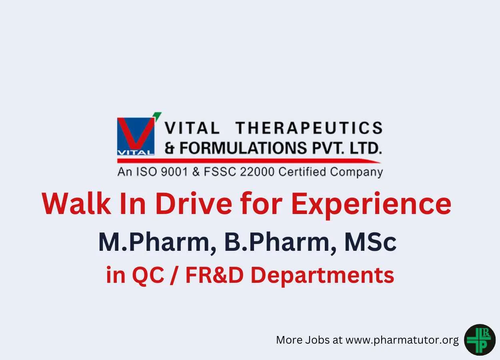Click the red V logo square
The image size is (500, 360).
pos(136,136)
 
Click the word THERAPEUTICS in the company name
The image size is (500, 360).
pos(309,128)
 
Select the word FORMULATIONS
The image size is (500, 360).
pos(243,148)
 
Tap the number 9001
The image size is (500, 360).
pos(174,172)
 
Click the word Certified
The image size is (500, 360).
pos(302,172)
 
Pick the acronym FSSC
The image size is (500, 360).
pos(220,172)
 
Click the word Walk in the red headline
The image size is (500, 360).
pos(76,203)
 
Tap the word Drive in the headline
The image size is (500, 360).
pos(194,203)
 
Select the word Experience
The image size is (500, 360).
pos(371,205)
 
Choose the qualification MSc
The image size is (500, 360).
pos(370,242)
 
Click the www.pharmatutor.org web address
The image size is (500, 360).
pos(402,340)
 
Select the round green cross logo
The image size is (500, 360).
pos(480,340)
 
